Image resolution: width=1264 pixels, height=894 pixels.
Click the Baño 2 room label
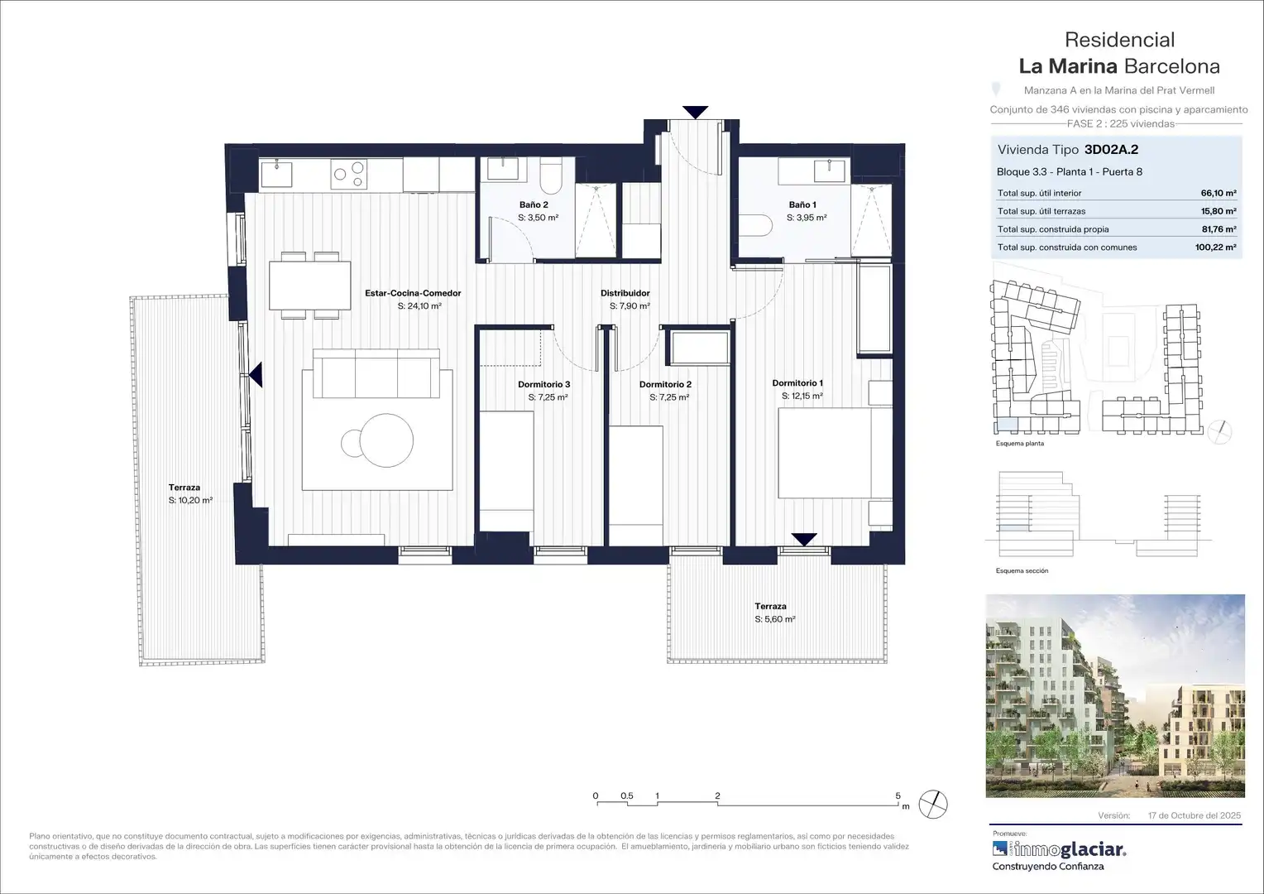(534, 205)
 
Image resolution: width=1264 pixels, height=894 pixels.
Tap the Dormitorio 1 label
(797, 383)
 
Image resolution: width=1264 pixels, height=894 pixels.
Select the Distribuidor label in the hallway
(625, 293)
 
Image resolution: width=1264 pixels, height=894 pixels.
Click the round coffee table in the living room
(386, 440)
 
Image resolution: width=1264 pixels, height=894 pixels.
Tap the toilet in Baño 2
(551, 175)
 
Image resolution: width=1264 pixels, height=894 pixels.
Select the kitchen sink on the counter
(276, 173)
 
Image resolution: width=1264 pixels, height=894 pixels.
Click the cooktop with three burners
(349, 173)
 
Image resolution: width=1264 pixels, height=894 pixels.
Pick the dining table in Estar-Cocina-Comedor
(309, 286)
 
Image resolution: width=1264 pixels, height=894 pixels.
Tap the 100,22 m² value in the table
(1215, 248)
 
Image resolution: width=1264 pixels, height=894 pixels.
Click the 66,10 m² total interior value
(1219, 193)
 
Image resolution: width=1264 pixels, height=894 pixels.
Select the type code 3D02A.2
(1111, 150)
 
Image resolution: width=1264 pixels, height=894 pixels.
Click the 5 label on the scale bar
(898, 795)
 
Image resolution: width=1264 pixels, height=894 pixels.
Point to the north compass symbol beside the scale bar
(933, 805)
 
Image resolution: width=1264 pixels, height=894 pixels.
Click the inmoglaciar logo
(1059, 849)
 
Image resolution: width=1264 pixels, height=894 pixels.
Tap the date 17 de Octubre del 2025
(1195, 815)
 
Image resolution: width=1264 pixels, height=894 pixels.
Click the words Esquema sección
(1022, 571)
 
